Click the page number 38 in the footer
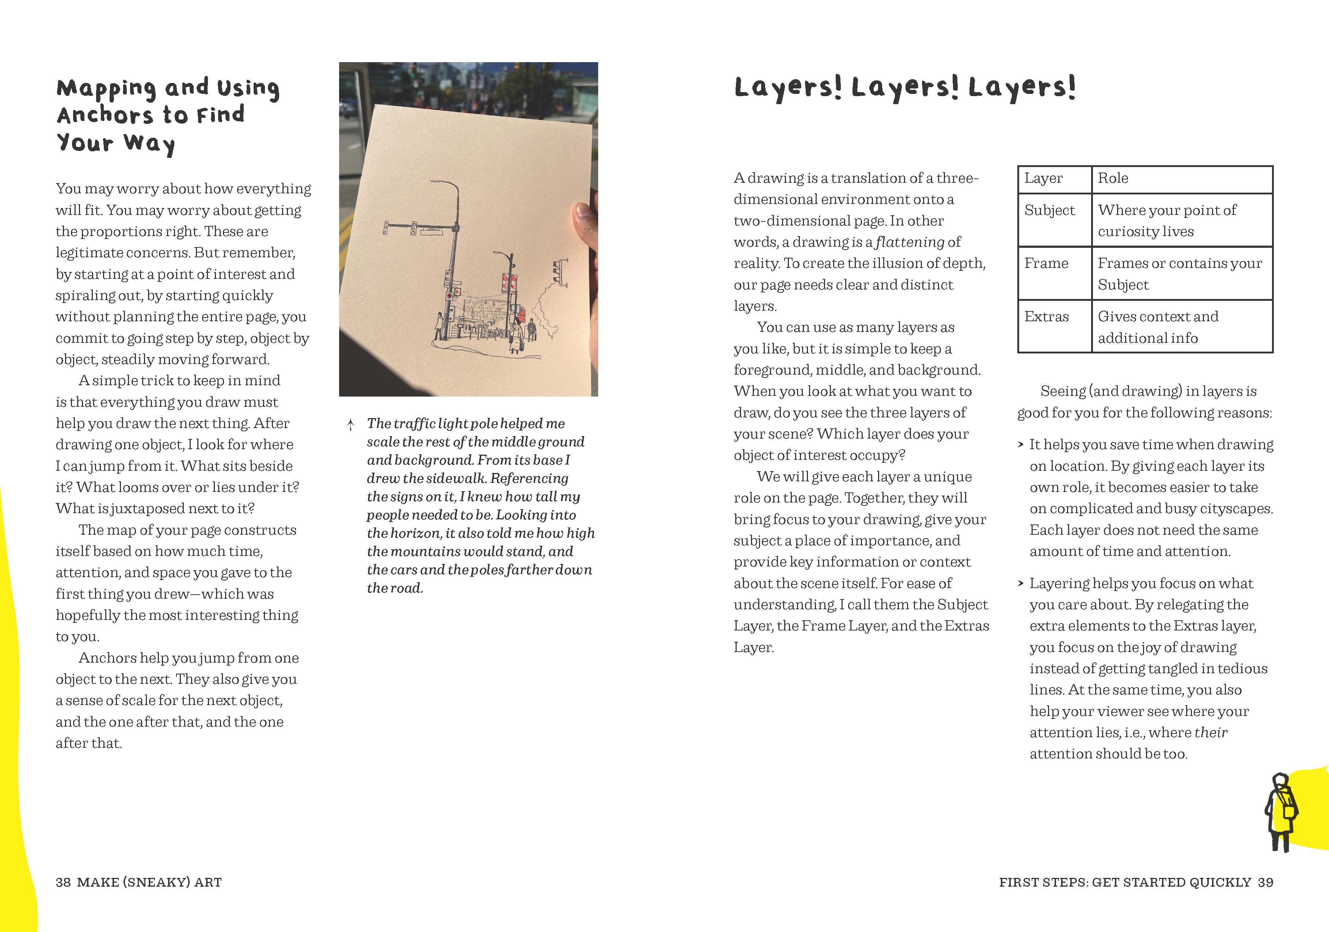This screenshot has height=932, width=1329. pyautogui.click(x=63, y=882)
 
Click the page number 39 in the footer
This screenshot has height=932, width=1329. pyautogui.click(x=1265, y=882)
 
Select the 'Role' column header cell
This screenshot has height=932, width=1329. pyautogui.click(x=1113, y=178)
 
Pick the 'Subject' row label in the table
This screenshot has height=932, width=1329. pyautogui.click(x=1049, y=210)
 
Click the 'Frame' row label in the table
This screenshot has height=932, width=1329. pyautogui.click(x=1046, y=264)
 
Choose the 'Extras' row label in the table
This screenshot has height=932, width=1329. pyautogui.click(x=1047, y=317)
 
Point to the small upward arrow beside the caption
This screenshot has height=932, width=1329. pyautogui.click(x=350, y=425)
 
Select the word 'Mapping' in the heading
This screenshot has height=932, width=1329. pyautogui.click(x=106, y=88)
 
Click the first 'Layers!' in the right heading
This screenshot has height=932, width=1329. pyautogui.click(x=788, y=87)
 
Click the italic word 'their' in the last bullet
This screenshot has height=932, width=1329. pyautogui.click(x=1210, y=733)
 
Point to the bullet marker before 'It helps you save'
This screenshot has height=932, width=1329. pyautogui.click(x=1021, y=445)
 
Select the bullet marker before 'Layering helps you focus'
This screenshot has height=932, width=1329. pyautogui.click(x=1021, y=584)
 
